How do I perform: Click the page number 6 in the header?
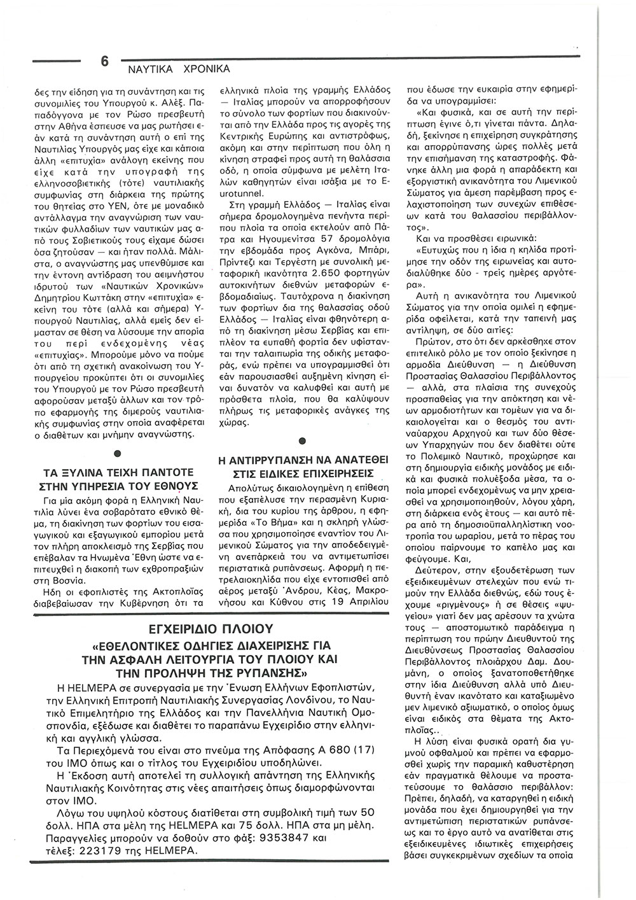104,62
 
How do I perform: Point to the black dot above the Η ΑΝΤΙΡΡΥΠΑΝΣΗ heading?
302,440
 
